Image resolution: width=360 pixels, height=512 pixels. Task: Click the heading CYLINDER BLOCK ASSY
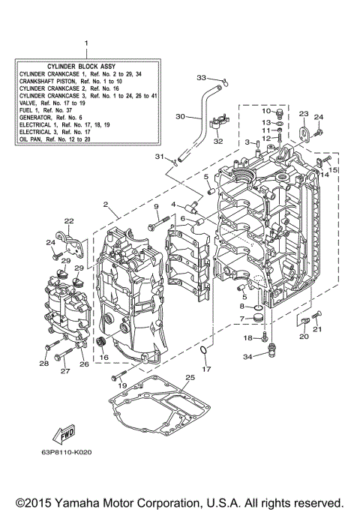click(86, 66)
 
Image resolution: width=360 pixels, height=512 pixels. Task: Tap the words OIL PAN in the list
click(31, 139)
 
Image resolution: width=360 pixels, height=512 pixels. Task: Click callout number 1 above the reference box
click(86, 44)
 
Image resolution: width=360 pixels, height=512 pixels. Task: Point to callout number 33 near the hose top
click(201, 77)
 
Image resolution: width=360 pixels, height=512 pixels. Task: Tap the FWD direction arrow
click(65, 435)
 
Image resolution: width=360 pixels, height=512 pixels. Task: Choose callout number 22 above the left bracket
click(68, 221)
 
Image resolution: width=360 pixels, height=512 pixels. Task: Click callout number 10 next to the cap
click(265, 112)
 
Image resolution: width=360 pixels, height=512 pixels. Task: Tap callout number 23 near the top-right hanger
click(303, 114)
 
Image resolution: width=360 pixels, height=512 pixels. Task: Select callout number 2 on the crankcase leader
click(106, 204)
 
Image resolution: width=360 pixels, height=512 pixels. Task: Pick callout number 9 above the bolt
click(157, 206)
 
